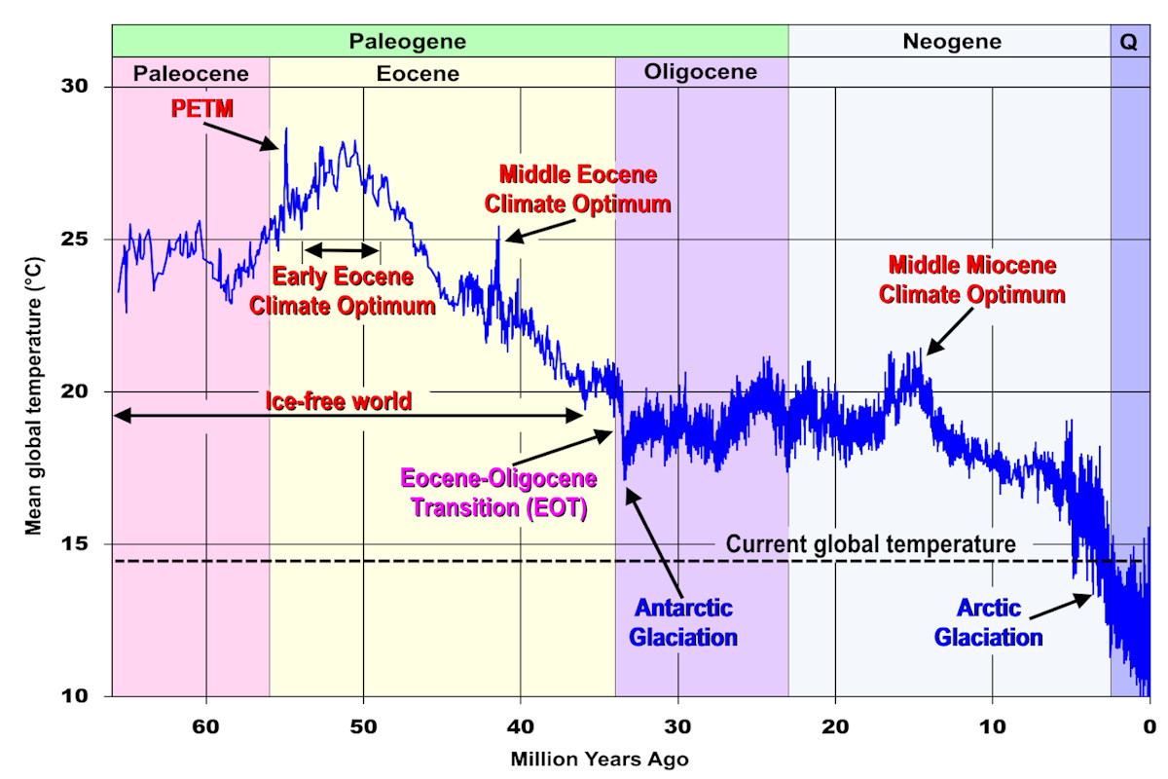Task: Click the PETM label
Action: [x=202, y=108]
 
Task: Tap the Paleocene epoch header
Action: [x=191, y=73]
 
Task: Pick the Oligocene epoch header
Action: [x=701, y=73]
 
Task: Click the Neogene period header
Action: [x=951, y=42]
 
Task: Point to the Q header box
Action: [x=1129, y=42]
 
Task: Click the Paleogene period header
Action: [x=408, y=42]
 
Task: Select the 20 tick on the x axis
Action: [x=834, y=724]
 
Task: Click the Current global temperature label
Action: [x=871, y=543]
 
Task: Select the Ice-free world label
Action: [x=338, y=400]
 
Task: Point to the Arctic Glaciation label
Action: [x=989, y=624]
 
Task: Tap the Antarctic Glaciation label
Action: [x=683, y=623]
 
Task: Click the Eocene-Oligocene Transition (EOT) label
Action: [x=500, y=494]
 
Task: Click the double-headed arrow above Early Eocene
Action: [x=341, y=247]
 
